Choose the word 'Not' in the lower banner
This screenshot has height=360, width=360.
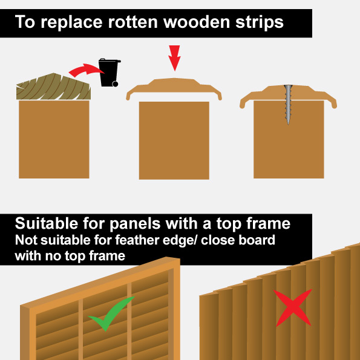coord(25,240)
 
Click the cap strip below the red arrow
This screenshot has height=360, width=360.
coord(174,88)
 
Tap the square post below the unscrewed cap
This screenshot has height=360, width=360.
coord(174,140)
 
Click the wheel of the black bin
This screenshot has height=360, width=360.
coord(114,83)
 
